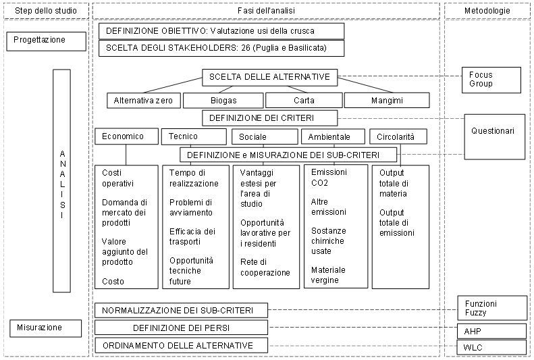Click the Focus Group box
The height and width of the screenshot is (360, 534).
coord(491,80)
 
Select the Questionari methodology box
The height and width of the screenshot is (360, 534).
coord(494,136)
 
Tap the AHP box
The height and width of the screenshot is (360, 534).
coord(491,331)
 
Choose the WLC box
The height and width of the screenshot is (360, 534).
coord(491,347)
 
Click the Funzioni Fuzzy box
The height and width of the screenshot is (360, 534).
coord(492,308)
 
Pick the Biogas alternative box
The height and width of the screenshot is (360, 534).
coord(223,101)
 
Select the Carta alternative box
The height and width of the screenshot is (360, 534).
coord(304,101)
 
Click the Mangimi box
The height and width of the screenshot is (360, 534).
coord(387,101)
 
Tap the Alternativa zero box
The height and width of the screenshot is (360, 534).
coord(143,101)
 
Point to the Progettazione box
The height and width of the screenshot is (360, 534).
coord(47,41)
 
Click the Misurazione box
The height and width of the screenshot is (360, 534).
coord(46,328)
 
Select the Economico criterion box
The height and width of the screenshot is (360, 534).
coord(126,136)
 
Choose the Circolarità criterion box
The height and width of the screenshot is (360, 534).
coord(398,137)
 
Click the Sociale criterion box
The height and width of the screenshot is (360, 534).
coord(265,137)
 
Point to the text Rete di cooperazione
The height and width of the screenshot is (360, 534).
coord(265,267)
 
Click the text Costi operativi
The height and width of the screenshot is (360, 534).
coord(117,178)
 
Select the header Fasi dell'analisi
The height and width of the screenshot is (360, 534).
coord(266,11)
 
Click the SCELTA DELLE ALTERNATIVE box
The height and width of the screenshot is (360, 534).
coord(270,77)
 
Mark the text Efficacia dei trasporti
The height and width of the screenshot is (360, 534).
coord(192,236)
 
